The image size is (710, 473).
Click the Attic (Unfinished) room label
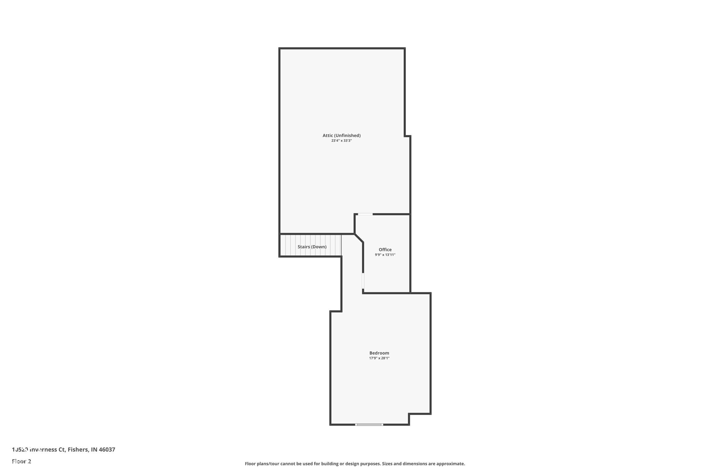tap(342, 135)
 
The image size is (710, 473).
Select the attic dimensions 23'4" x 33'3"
tap(342, 141)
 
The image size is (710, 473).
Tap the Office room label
tap(385, 249)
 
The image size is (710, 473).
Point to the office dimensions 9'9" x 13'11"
tap(385, 255)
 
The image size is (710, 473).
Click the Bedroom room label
tap(379, 353)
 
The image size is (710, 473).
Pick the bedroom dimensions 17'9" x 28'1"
tap(379, 358)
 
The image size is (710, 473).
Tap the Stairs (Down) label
tap(312, 247)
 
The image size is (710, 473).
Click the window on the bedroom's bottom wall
tap(369, 425)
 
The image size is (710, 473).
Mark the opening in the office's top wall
tap(365, 214)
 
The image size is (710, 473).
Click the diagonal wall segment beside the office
tap(359, 238)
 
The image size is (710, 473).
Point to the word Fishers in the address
tap(78, 450)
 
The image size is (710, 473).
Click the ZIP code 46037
tap(107, 450)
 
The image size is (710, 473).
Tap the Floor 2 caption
tap(22, 461)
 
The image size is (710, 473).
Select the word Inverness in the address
tap(43, 450)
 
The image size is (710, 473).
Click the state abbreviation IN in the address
tap(94, 450)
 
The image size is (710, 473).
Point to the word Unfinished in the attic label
tap(347, 135)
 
